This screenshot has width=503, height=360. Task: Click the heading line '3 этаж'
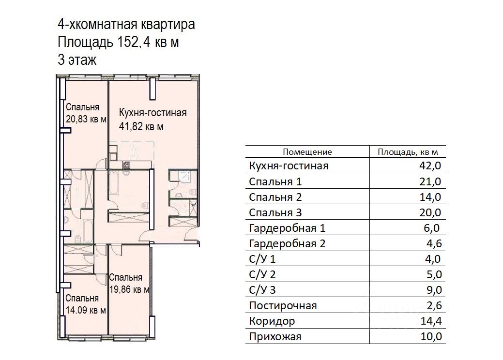[x=77, y=60]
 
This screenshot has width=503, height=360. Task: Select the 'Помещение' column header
[x=307, y=152]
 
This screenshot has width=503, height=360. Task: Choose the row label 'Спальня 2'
[x=275, y=197]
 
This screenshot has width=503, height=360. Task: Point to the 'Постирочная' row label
[x=283, y=306]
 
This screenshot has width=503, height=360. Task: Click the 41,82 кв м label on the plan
[x=141, y=127]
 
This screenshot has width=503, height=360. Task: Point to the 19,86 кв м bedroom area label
[x=129, y=289]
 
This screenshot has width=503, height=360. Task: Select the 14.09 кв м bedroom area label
[x=86, y=311]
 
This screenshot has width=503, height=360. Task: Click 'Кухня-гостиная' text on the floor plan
[x=152, y=114]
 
